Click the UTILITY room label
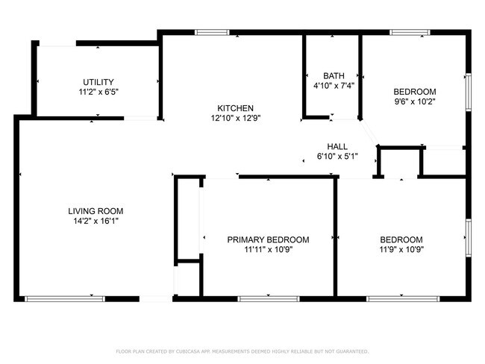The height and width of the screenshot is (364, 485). pos(98,82)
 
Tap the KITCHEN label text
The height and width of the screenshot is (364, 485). pos(235,107)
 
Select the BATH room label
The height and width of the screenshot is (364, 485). pos(334,76)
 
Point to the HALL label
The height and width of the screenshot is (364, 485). pos(337,146)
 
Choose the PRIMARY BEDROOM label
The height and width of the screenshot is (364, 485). pos(268,239)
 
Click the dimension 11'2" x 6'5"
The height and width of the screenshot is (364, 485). pos(98,92)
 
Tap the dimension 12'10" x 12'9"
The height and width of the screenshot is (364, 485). pos(235,117)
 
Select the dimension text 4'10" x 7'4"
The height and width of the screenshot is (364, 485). pos(334,86)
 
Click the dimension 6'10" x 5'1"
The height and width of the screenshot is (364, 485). pos(337,156)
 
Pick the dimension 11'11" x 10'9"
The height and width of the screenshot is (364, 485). pos(268,249)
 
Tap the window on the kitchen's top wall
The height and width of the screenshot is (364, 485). pos(212,32)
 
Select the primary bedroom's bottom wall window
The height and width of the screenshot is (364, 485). pos(269,299)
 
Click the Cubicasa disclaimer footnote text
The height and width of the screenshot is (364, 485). pos(242,351)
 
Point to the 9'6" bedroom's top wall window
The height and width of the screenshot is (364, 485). pos(410,32)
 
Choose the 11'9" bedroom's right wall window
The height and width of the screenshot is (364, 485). pos(468,239)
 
